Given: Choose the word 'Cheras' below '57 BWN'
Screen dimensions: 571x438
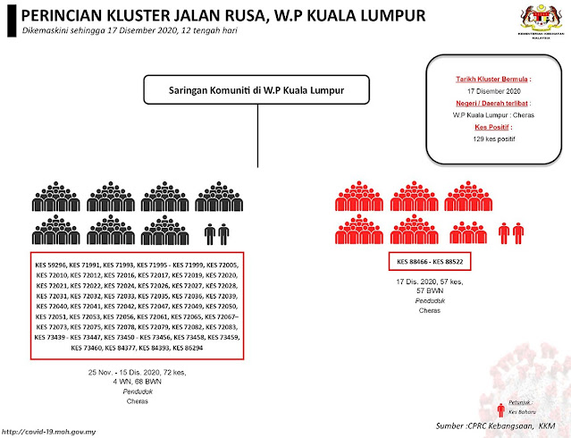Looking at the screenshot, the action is [430, 312].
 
